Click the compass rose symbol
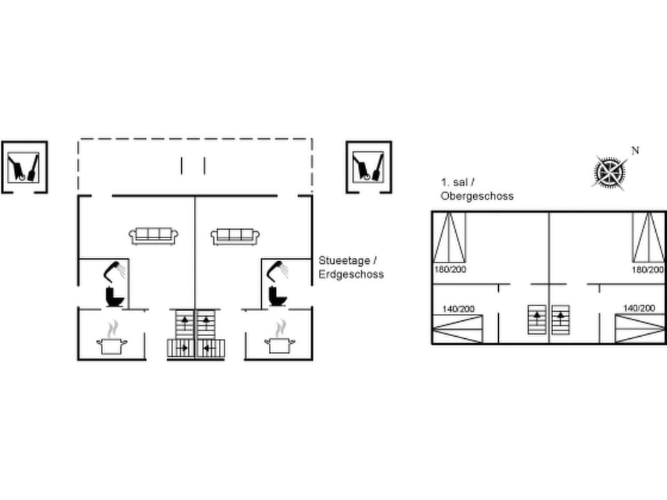[610, 172]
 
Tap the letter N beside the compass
[635, 151]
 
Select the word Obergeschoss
[477, 196]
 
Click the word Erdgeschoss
[351, 274]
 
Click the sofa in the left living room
[154, 236]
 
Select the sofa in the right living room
[236, 236]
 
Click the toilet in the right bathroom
[278, 296]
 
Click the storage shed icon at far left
[24, 167]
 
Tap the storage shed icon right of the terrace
[369, 167]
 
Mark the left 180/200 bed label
[450, 269]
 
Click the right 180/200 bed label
[648, 269]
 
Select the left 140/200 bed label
[459, 309]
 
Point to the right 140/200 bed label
[639, 308]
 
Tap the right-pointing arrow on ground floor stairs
[183, 348]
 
